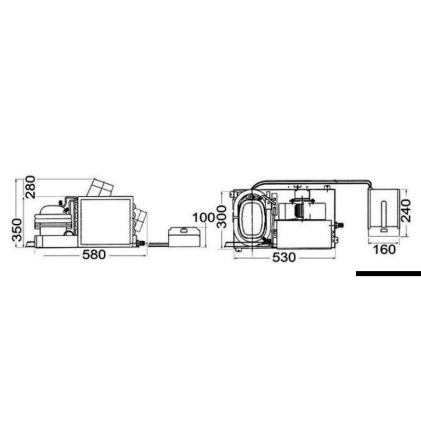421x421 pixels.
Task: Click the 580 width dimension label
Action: coord(94,254)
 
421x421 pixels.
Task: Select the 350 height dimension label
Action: coord(18,230)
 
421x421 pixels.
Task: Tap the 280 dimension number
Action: coord(30,187)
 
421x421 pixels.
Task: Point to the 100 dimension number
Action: coord(204,218)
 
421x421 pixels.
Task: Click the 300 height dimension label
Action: coord(222,217)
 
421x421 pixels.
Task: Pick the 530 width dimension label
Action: coord(284,258)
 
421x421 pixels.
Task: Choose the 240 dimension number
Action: coord(406,210)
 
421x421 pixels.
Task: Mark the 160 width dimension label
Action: coord(384,250)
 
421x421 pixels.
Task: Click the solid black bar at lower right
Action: coord(388,274)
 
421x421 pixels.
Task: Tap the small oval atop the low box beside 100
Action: coord(184,230)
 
